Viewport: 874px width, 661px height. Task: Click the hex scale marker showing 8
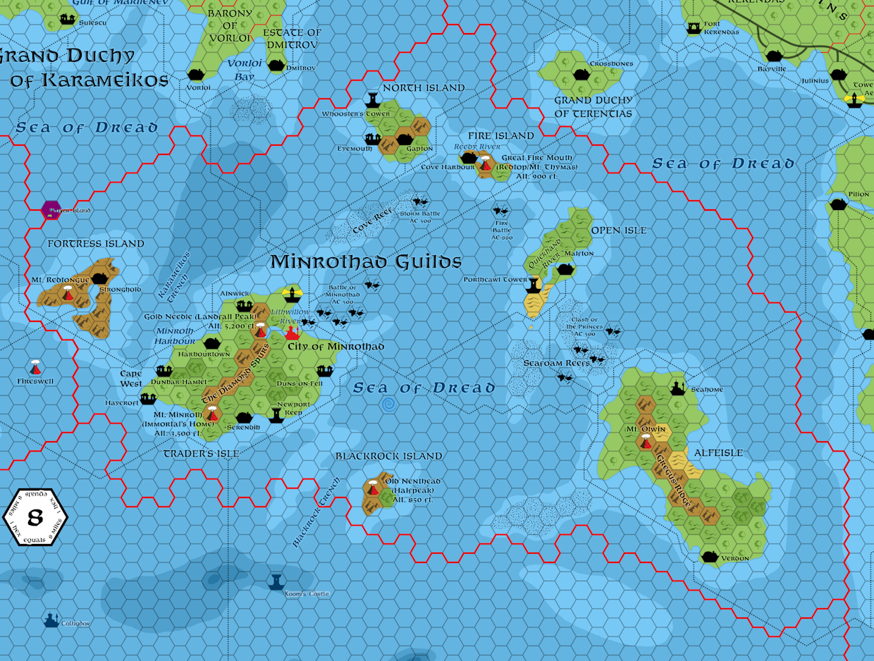(35, 518)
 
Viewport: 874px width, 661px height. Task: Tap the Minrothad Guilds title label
(366, 262)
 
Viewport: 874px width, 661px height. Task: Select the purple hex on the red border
(51, 209)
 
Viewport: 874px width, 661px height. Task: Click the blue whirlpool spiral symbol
(388, 404)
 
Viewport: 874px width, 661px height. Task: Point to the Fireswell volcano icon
(35, 368)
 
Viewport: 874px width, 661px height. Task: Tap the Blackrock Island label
(388, 457)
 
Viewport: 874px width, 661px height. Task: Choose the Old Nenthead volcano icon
(373, 487)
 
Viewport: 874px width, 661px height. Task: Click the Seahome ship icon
(678, 388)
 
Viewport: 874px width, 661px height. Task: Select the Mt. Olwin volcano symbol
(646, 442)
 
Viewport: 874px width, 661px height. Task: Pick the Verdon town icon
(710, 557)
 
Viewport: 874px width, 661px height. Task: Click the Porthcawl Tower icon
(536, 285)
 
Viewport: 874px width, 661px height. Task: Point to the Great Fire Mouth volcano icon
(485, 164)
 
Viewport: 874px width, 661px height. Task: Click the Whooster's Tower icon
(373, 99)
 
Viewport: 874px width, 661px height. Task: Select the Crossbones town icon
(581, 74)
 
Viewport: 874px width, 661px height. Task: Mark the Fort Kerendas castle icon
(694, 27)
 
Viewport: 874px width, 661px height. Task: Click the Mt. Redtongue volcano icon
(68, 293)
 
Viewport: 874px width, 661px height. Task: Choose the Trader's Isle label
(201, 454)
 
